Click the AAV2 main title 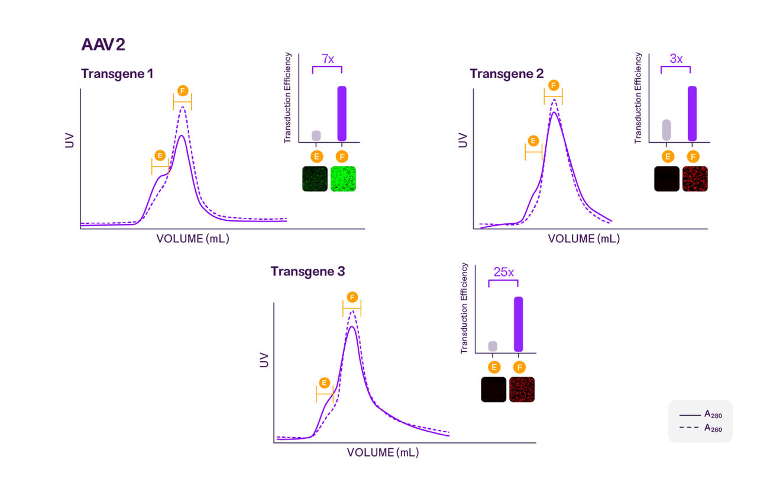point(103,45)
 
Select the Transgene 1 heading point(117,74)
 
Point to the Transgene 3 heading point(308,271)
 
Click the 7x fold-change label point(327,59)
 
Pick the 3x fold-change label point(675,59)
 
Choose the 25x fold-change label point(503,272)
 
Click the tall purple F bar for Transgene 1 point(342,113)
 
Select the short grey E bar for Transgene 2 point(667,130)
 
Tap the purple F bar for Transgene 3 point(519,324)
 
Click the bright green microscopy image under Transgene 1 point(343,178)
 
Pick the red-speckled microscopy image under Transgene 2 point(694,178)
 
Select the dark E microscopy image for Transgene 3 point(493,390)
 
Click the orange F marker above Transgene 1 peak point(183,91)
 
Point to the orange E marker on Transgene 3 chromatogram point(323,383)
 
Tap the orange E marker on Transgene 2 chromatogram point(533,141)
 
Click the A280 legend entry point(701,415)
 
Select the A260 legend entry point(701,428)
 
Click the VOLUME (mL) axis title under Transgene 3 point(383,452)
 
